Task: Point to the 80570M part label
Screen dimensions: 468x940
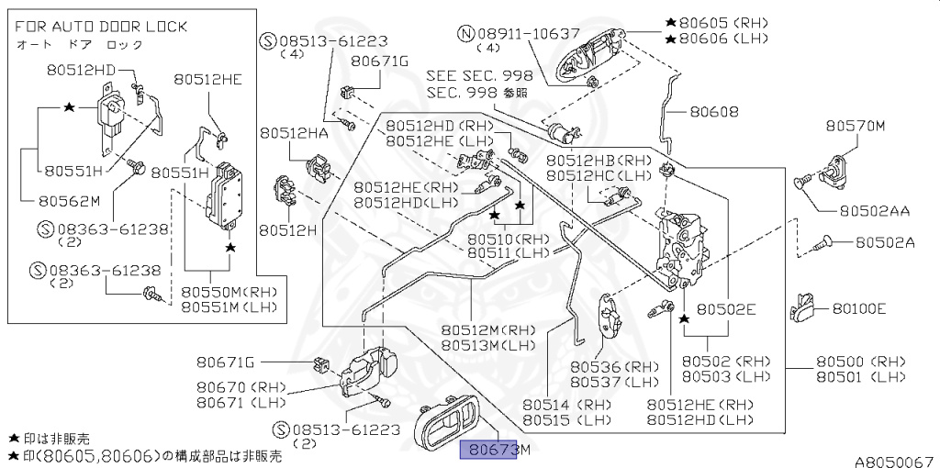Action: click(x=854, y=126)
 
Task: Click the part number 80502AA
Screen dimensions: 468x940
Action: click(x=872, y=210)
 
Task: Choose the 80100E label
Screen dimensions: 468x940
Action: click(x=859, y=308)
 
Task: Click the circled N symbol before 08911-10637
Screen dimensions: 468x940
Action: click(x=465, y=33)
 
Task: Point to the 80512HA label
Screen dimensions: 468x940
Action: click(x=293, y=133)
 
